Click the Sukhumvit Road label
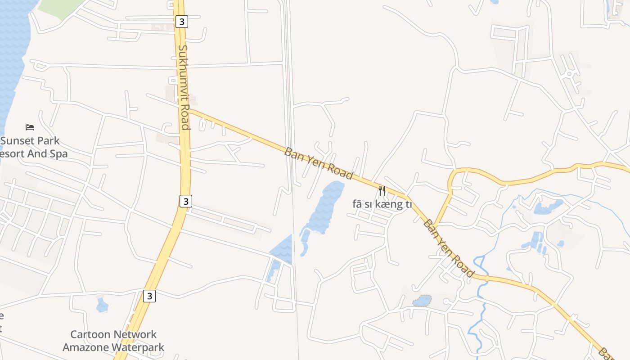184,87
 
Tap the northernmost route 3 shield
181,21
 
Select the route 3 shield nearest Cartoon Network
150,296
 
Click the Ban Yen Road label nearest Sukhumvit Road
318,163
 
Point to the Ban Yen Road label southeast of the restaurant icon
449,248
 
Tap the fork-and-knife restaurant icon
382,190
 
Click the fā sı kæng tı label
382,204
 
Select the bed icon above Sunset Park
30,127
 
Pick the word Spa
59,153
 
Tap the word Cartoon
91,334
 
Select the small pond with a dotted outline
422,301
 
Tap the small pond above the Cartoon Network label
102,306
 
